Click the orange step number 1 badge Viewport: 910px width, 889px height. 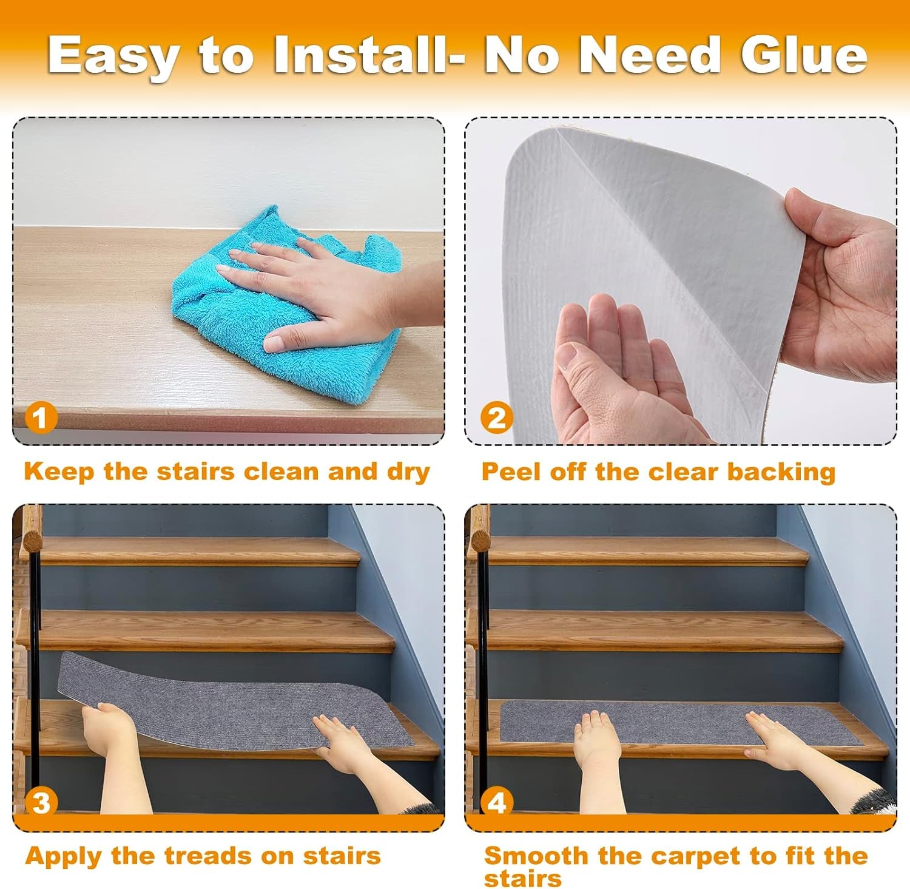coord(41,418)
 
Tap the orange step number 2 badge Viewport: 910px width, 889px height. coord(496,418)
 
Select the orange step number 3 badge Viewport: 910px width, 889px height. coord(41,802)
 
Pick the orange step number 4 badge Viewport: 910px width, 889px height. coord(496,802)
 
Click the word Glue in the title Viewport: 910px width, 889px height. coord(803,56)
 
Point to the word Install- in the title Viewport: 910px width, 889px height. coord(369,56)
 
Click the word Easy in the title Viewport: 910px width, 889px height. coord(114,56)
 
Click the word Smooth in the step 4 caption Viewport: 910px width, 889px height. coord(536,856)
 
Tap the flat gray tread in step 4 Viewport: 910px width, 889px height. coord(667,722)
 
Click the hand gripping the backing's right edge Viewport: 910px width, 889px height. coord(843,285)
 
